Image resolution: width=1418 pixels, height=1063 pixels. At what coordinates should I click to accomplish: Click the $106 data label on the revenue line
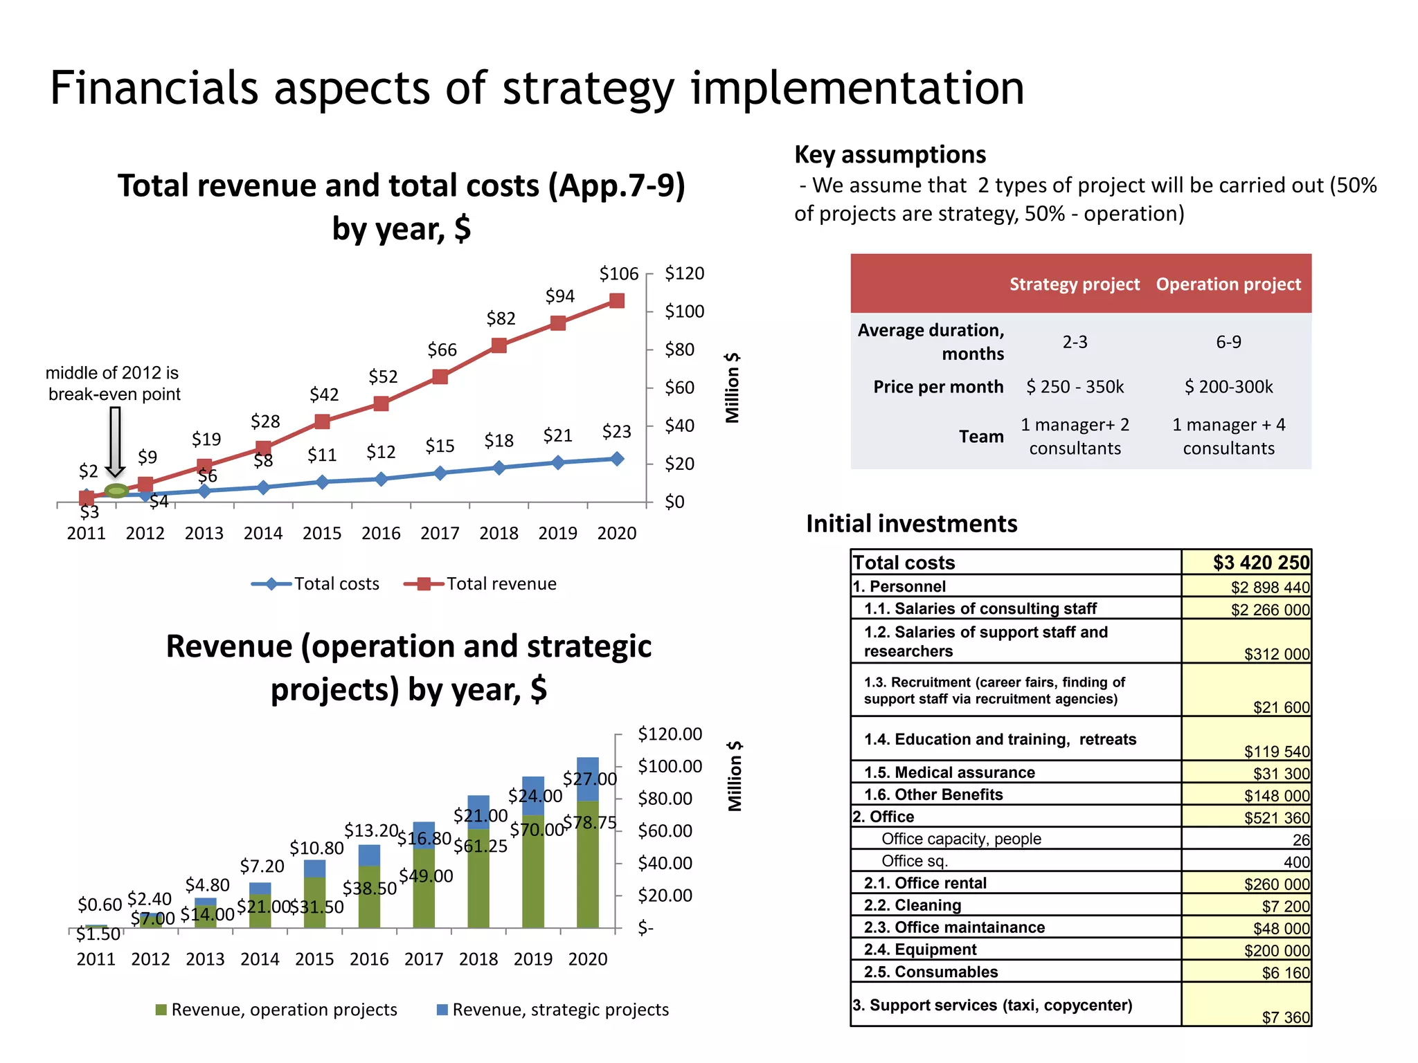point(618,274)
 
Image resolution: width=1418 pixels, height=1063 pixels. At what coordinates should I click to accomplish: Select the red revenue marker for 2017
point(440,376)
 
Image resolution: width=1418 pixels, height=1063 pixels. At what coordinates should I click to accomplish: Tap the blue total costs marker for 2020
point(617,459)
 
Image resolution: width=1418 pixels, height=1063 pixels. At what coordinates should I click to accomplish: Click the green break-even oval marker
point(116,491)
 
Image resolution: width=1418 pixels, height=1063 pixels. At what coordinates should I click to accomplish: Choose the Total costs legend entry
point(316,583)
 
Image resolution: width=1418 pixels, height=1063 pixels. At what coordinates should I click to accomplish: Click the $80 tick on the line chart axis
point(679,349)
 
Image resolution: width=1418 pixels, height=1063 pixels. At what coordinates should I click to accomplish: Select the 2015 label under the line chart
point(322,534)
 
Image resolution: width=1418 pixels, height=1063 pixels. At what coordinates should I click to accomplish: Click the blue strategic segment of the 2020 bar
point(588,779)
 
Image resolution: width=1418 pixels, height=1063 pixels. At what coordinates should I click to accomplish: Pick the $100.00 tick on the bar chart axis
point(670,766)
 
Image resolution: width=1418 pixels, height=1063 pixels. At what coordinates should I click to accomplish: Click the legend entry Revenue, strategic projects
point(553,1010)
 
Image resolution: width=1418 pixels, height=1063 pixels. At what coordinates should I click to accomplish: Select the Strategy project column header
point(1074,284)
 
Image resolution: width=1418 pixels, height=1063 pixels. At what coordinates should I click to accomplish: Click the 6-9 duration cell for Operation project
point(1228,342)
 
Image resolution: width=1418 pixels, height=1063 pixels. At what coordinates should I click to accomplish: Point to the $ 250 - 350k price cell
point(1075,387)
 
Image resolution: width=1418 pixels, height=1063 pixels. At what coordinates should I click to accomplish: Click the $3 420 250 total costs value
point(1261,563)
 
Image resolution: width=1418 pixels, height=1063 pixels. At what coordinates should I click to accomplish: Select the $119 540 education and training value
point(1276,751)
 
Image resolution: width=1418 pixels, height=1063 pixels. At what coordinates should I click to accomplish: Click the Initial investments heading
point(911,524)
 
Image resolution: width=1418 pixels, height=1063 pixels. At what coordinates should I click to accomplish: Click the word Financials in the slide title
point(154,89)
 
